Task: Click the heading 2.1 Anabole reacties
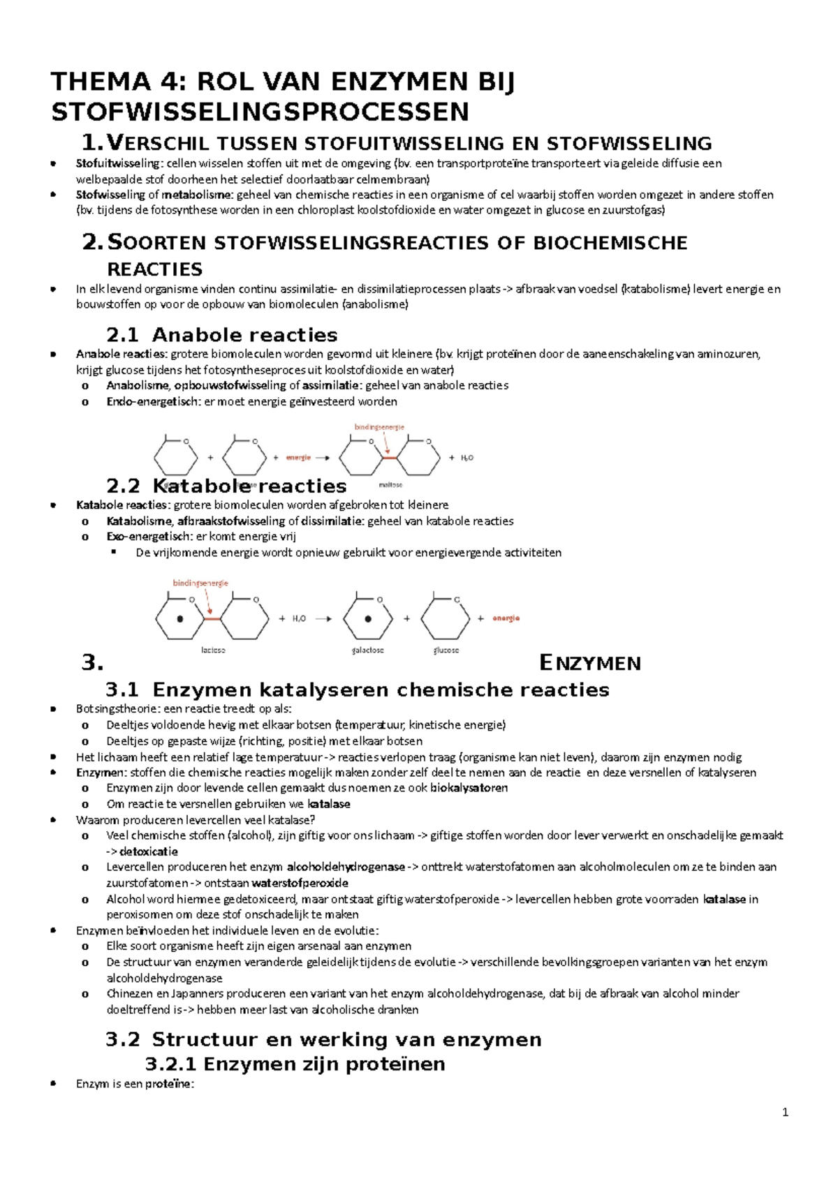pyautogui.click(x=221, y=335)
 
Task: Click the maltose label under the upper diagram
pyautogui.click(x=390, y=484)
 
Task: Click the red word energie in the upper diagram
pyautogui.click(x=298, y=458)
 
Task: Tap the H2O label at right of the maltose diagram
pyautogui.click(x=466, y=458)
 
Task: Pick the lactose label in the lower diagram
pyautogui.click(x=213, y=650)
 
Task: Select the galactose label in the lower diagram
pyautogui.click(x=368, y=650)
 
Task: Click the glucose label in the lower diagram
pyautogui.click(x=446, y=650)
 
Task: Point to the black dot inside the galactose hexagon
pyautogui.click(x=368, y=618)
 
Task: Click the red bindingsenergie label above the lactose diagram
pyautogui.click(x=200, y=583)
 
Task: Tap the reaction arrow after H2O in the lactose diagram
pyautogui.click(x=323, y=618)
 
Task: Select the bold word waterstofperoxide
pyautogui.click(x=304, y=883)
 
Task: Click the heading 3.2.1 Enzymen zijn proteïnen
pyautogui.click(x=295, y=1064)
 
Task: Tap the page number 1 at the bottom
pyautogui.click(x=786, y=1113)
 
